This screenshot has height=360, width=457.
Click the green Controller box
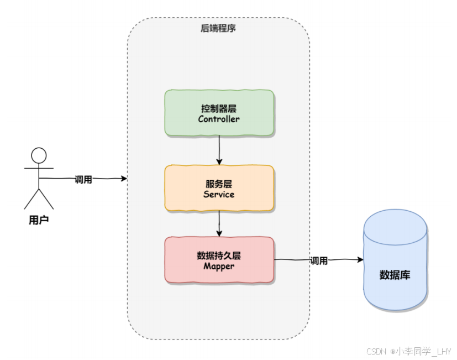[219, 113]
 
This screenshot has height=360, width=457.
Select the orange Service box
[219, 188]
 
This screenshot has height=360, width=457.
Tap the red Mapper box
[219, 260]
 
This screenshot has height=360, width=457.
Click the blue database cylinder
[395, 260]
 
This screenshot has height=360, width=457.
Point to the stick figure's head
[39, 155]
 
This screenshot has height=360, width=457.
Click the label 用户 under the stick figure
[39, 220]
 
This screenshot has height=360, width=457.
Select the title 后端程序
[218, 28]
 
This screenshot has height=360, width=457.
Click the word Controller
[219, 119]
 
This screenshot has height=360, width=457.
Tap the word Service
[219, 194]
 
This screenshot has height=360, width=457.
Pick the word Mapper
[219, 267]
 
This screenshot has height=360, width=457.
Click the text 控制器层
[219, 108]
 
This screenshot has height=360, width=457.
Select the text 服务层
[219, 184]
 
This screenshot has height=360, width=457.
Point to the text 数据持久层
[219, 255]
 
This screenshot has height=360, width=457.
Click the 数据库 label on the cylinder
[395, 275]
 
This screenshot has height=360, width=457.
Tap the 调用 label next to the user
[83, 179]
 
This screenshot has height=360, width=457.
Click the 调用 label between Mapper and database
[319, 260]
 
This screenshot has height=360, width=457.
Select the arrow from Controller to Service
[219, 150]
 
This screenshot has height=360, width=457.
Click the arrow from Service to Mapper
[219, 224]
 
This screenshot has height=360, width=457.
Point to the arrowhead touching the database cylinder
[360, 259]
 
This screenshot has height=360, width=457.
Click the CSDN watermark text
[408, 351]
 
